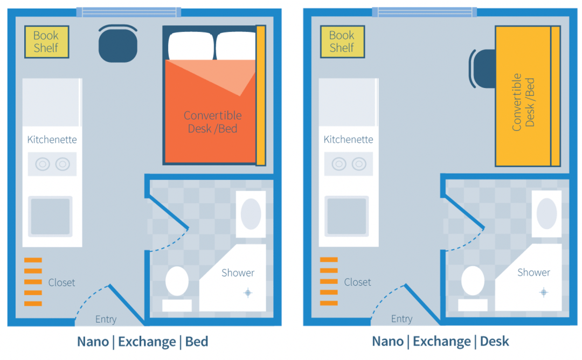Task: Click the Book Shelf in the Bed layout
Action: (47, 41)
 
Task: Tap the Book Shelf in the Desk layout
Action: (343, 41)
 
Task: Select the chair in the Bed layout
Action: (118, 44)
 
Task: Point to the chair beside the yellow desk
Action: (482, 69)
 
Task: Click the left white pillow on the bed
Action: (191, 45)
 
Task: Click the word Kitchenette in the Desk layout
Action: (348, 140)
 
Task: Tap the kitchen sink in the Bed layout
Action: (50, 216)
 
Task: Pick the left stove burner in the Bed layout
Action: (43, 164)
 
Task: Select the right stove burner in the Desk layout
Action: (359, 164)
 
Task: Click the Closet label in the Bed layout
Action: (61, 283)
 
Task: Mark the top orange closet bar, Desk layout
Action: (329, 260)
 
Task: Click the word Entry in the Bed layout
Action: (106, 319)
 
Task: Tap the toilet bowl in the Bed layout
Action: (177, 281)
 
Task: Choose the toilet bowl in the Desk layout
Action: (473, 281)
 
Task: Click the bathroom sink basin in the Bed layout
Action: (251, 214)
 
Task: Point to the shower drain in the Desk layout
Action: (544, 293)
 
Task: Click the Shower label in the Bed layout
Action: (238, 273)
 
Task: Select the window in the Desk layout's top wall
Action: (425, 12)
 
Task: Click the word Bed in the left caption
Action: (197, 342)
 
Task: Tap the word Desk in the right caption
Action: (494, 342)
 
